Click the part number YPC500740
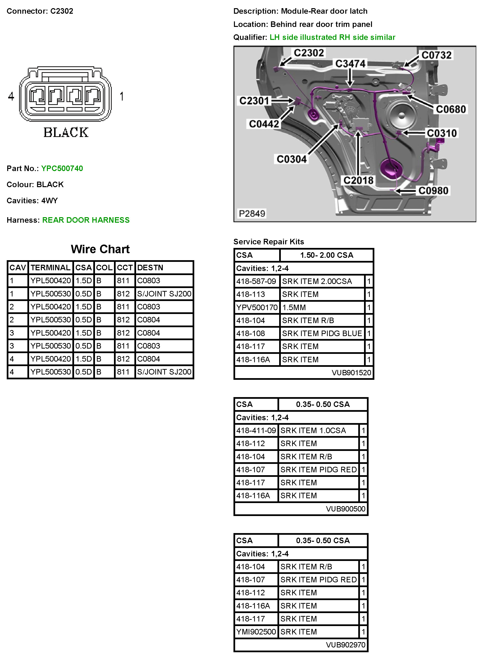pyautogui.click(x=62, y=168)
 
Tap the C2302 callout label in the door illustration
pyautogui.click(x=309, y=53)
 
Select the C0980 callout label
pyautogui.click(x=433, y=191)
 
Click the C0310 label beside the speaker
pyautogui.click(x=441, y=133)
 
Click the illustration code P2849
pyautogui.click(x=252, y=213)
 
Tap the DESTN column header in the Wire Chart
pyautogui.click(x=150, y=268)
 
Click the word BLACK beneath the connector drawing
pyautogui.click(x=66, y=133)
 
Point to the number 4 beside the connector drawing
pyautogui.click(x=11, y=96)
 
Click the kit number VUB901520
pyautogui.click(x=351, y=373)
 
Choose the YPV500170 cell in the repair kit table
pyautogui.click(x=257, y=307)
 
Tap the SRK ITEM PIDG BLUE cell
pyautogui.click(x=322, y=333)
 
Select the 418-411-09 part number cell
pyautogui.click(x=256, y=430)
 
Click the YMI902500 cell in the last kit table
pyautogui.click(x=256, y=632)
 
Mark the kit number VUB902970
pyautogui.click(x=346, y=645)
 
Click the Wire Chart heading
pyautogui.click(x=100, y=249)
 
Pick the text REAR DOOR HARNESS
pyautogui.click(x=86, y=220)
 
